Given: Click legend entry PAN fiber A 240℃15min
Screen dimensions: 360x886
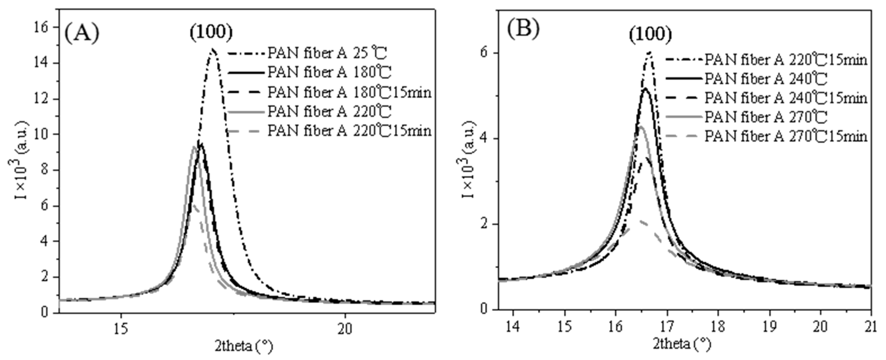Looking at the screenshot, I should (786, 98).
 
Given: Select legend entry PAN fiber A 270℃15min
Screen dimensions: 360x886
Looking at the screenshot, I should (786, 137).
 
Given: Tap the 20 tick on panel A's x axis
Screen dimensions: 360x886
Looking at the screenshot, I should (345, 329).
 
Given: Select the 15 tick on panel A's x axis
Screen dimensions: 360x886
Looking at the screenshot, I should (121, 329).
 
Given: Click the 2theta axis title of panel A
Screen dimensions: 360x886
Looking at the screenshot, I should (244, 346).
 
